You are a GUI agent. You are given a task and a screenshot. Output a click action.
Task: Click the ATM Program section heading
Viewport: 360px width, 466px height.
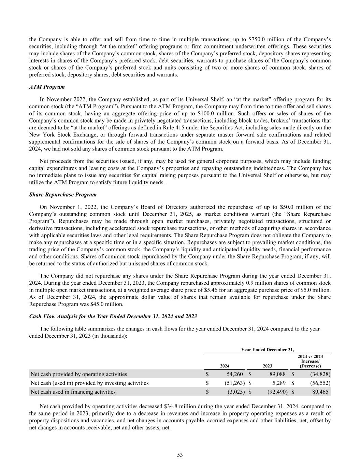point(47,87)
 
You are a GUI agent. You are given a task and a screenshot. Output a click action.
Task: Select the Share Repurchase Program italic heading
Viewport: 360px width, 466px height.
point(63,195)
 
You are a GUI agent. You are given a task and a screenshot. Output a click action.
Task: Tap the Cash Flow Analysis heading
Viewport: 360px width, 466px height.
point(113,316)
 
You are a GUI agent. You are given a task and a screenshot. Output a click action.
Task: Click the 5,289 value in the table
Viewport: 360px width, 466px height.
point(279,383)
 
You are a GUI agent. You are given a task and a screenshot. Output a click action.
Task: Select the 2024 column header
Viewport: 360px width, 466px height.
point(225,366)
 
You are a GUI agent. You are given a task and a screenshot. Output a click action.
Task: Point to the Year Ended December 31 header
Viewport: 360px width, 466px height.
point(267,350)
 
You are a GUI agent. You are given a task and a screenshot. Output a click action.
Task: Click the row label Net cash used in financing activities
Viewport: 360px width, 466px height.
point(73,392)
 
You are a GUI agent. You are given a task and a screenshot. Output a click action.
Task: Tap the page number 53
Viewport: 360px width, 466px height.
point(180,455)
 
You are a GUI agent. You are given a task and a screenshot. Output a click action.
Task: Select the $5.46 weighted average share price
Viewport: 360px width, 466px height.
point(214,290)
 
